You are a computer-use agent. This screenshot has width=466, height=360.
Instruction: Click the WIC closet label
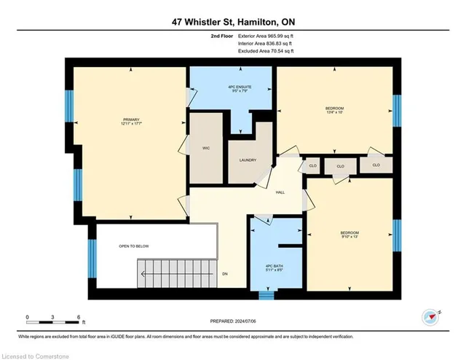click(x=205, y=146)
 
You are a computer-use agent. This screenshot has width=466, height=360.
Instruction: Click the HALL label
click(x=280, y=192)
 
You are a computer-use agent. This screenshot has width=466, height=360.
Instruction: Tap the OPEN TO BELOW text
click(x=134, y=246)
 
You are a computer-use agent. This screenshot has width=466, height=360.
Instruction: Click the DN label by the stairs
click(x=226, y=275)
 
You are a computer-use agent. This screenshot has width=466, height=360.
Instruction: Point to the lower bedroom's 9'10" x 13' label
click(x=349, y=235)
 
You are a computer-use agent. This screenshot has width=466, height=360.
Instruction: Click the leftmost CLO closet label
click(x=312, y=165)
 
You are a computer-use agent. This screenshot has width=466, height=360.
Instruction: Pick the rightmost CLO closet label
click(x=376, y=165)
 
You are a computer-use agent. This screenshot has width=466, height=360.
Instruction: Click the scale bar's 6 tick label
click(x=79, y=317)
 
